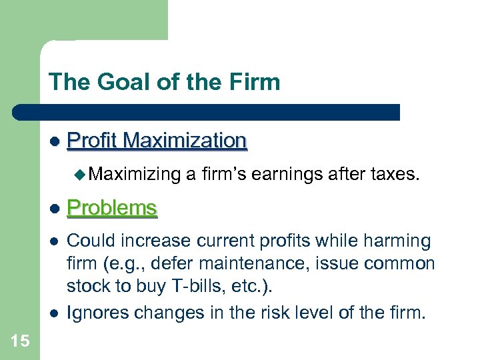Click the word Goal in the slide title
pyautogui.click(x=116, y=83)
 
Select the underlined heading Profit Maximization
pyautogui.click(x=157, y=141)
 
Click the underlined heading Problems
pyautogui.click(x=112, y=208)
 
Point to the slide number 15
pyautogui.click(x=20, y=341)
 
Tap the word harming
pyautogui.click(x=395, y=241)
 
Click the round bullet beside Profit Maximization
pyautogui.click(x=55, y=141)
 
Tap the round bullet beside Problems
pyautogui.click(x=55, y=209)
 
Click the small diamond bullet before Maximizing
pyautogui.click(x=80, y=175)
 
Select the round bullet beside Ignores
pyautogui.click(x=55, y=312)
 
